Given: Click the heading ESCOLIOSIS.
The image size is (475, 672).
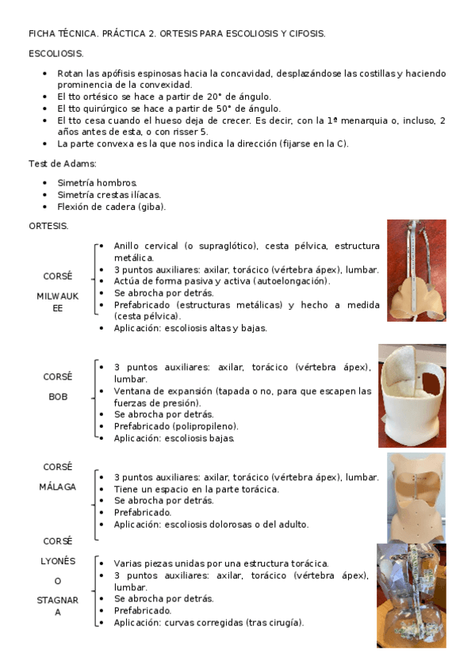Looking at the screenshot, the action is tap(56, 53).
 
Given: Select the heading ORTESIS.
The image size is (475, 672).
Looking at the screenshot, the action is tap(48, 226).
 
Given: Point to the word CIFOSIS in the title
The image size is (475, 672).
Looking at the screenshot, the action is tap(305, 34).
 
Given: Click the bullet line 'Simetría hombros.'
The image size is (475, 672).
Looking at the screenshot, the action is tap(98, 183).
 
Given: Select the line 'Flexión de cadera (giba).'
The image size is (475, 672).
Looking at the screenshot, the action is tap(112, 207).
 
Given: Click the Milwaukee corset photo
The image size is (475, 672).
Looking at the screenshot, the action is tap(416, 271).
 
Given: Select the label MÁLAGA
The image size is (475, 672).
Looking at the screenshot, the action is tap(57, 487).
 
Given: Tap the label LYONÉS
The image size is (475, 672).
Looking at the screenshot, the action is tap(57, 560).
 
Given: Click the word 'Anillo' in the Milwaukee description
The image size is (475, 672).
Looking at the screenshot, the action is tap(129, 246).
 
